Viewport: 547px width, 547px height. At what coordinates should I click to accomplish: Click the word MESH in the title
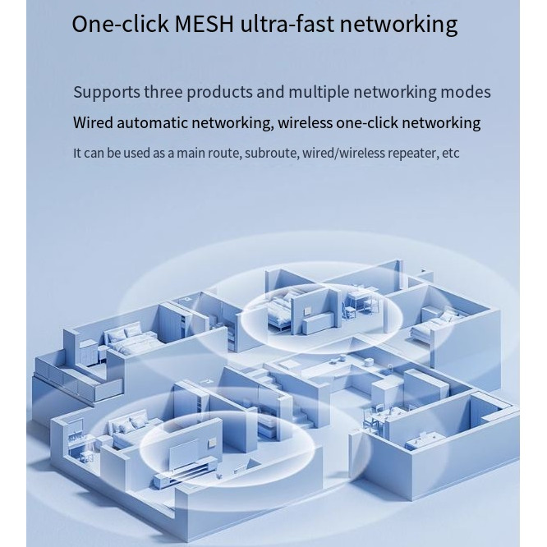coord(205,23)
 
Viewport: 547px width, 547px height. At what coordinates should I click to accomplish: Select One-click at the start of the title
coord(120,23)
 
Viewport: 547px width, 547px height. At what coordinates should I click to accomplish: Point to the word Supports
coord(107,92)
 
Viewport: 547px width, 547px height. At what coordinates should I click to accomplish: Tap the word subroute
coord(272,153)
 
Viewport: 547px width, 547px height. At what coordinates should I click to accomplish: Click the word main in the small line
coord(194,153)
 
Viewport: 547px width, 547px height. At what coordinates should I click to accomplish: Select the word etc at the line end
coord(451,153)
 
